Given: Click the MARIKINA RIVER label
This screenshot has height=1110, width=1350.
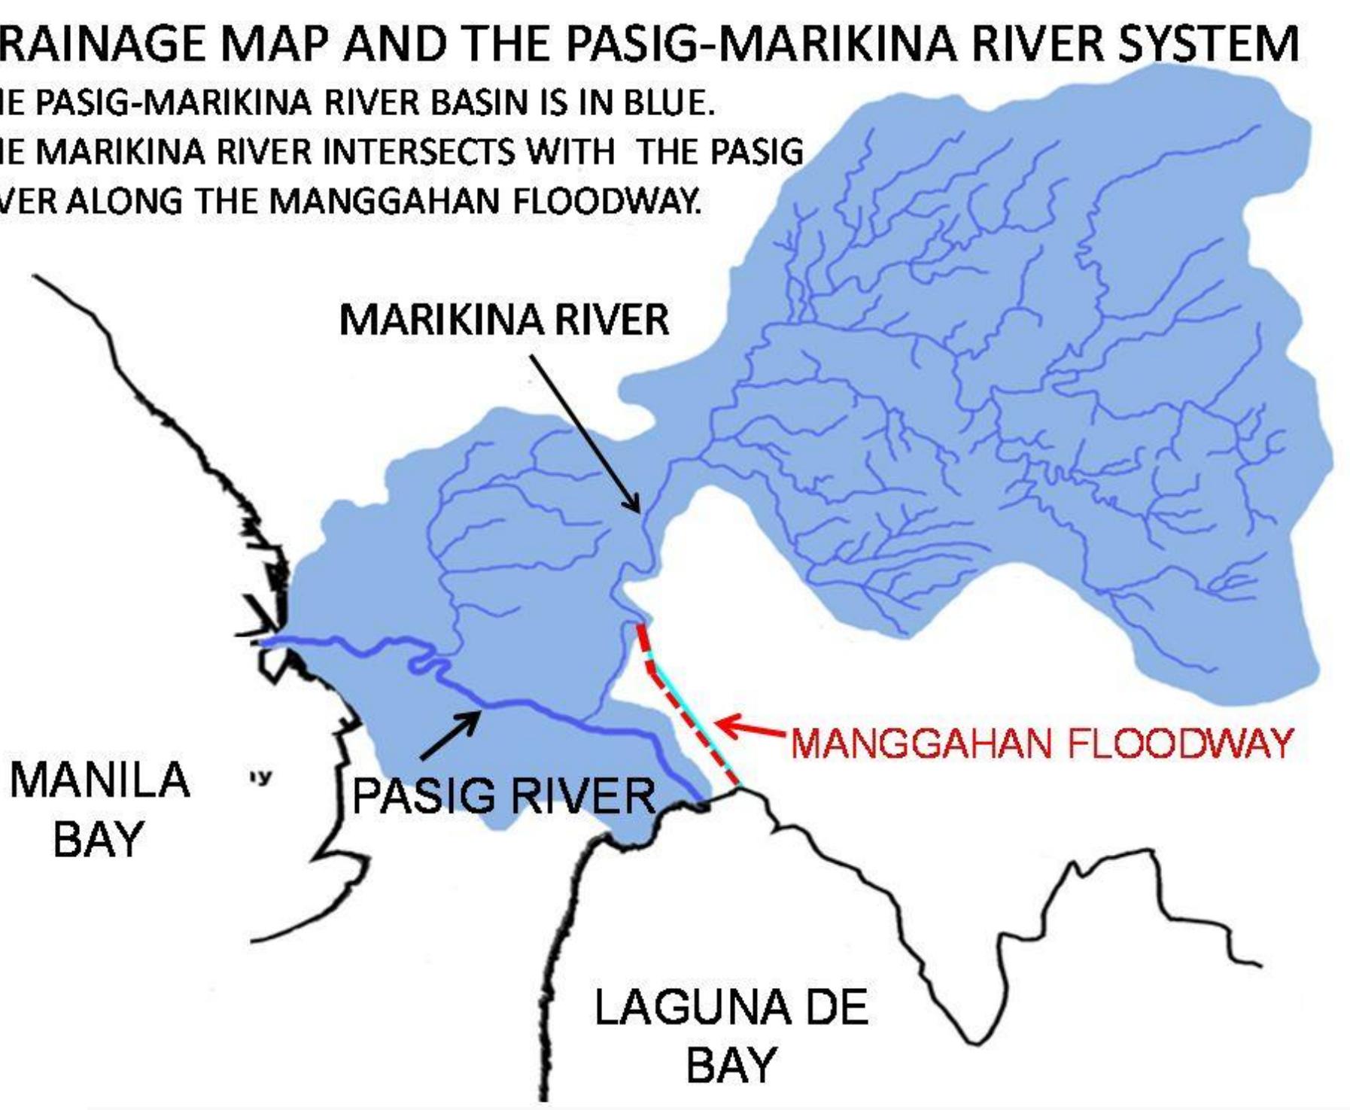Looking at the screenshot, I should [x=503, y=320].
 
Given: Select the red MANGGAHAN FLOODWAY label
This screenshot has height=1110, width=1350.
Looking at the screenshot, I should [x=1041, y=744].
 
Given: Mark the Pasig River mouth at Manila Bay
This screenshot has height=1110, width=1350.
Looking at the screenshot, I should [x=262, y=642].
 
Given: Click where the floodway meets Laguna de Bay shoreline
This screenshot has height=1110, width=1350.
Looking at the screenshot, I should [x=740, y=786].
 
